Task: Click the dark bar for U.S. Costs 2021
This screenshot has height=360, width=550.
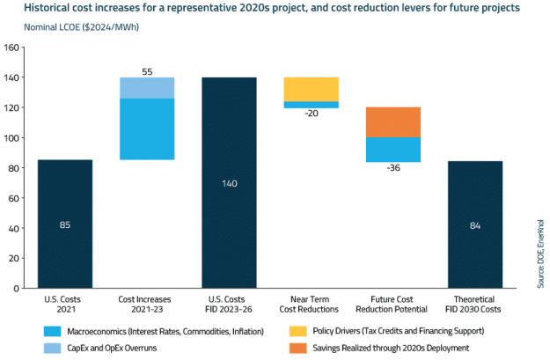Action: [63, 224]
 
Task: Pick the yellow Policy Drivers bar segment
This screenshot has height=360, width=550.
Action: [312, 89]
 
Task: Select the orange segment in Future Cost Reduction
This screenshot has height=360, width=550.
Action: [394, 121]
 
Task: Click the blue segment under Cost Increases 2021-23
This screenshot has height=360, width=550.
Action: [146, 129]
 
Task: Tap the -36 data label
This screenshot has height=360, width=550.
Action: [394, 170]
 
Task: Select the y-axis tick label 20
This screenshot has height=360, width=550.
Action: [14, 258]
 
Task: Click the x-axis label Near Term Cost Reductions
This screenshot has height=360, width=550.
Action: [312, 305]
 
